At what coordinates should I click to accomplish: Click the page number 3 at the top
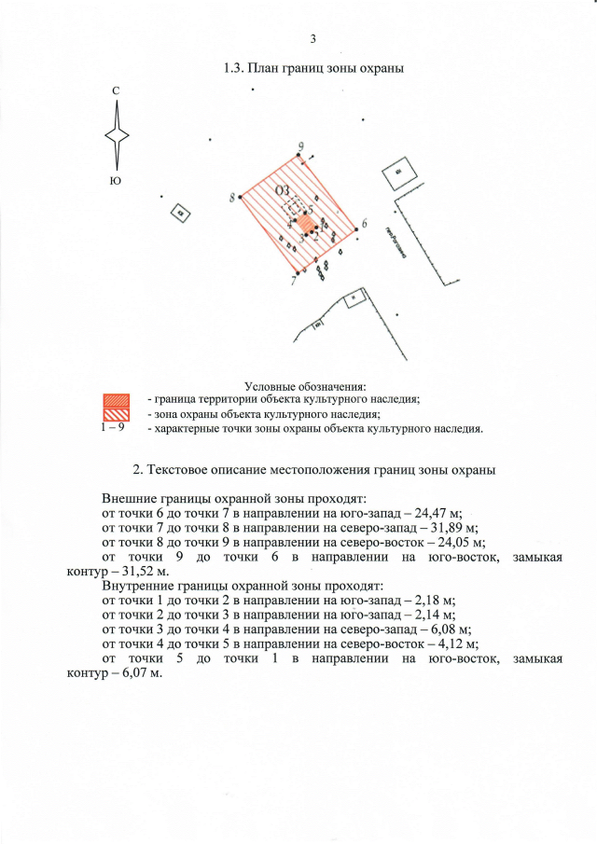coord(312,38)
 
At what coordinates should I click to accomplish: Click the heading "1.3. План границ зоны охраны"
coord(312,69)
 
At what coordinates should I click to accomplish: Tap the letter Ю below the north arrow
coord(116,180)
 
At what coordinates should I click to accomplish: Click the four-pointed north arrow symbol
coord(116,134)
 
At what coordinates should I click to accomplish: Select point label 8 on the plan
coord(231,197)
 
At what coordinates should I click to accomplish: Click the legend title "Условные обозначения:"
coord(305,386)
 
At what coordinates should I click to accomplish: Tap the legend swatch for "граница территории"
coord(114,400)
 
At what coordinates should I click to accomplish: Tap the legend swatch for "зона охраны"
coord(114,414)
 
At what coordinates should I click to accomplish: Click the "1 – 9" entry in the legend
coord(114,428)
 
